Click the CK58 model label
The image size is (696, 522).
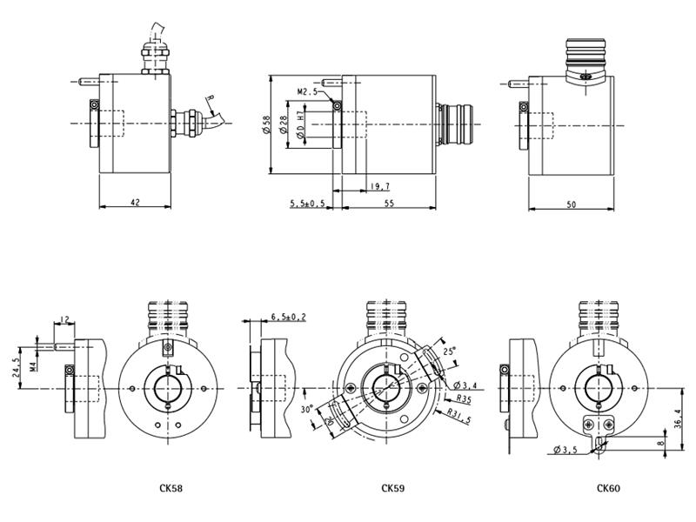[171, 488]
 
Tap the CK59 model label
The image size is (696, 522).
[393, 488]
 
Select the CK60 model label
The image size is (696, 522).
[608, 488]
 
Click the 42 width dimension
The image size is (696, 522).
[136, 203]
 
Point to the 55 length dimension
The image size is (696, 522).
[389, 204]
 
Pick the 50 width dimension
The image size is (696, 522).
[572, 204]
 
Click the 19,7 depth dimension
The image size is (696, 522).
[380, 187]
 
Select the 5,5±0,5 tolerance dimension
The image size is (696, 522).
[308, 204]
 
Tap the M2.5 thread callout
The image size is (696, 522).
[308, 92]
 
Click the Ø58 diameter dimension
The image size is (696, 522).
[266, 124]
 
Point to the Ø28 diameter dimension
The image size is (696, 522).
[284, 124]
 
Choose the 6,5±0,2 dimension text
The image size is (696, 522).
[289, 317]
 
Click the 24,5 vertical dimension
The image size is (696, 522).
[17, 367]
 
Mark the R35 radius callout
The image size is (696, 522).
[464, 399]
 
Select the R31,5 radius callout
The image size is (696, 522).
[458, 416]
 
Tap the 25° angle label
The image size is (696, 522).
[449, 351]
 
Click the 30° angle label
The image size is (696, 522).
[307, 409]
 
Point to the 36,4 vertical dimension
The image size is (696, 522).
[678, 418]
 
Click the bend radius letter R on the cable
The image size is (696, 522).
[211, 98]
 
